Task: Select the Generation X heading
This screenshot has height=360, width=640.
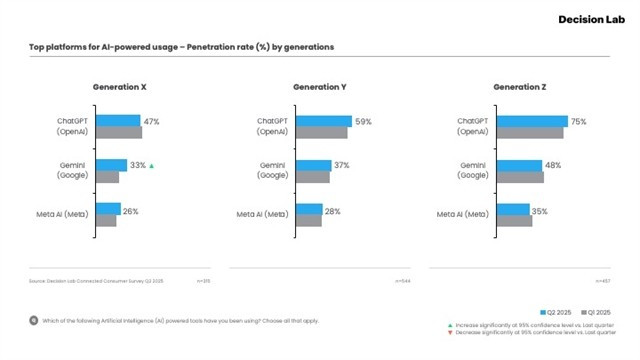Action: (x=119, y=88)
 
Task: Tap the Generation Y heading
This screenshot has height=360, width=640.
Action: (x=319, y=88)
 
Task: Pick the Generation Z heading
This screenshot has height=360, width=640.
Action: (x=519, y=88)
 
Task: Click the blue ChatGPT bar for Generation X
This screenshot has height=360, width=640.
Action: (x=118, y=121)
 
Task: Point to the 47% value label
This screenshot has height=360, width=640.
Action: (x=151, y=122)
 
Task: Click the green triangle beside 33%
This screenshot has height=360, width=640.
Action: (x=151, y=166)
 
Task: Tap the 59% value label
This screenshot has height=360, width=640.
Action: (x=363, y=122)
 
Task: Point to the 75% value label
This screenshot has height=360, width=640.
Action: (x=578, y=122)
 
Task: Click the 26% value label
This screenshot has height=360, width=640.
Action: (x=131, y=211)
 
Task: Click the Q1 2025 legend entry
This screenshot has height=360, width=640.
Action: (x=596, y=312)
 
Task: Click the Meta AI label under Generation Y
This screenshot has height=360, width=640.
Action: (x=264, y=214)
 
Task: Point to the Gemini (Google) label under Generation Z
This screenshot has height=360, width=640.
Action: (x=472, y=170)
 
